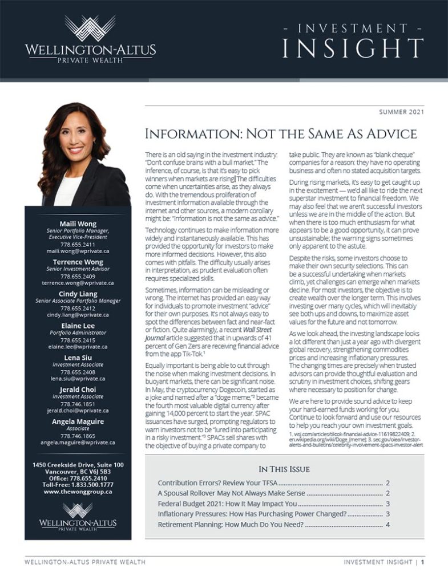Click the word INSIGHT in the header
(353, 48)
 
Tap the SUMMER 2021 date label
(402, 112)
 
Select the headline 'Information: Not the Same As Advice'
(281, 135)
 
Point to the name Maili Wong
(78, 223)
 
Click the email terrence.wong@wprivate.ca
(78, 283)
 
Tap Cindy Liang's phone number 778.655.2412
(78, 308)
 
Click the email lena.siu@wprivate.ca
(78, 378)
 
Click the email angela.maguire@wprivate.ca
(78, 442)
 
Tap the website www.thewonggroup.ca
(78, 491)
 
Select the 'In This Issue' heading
(284, 469)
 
